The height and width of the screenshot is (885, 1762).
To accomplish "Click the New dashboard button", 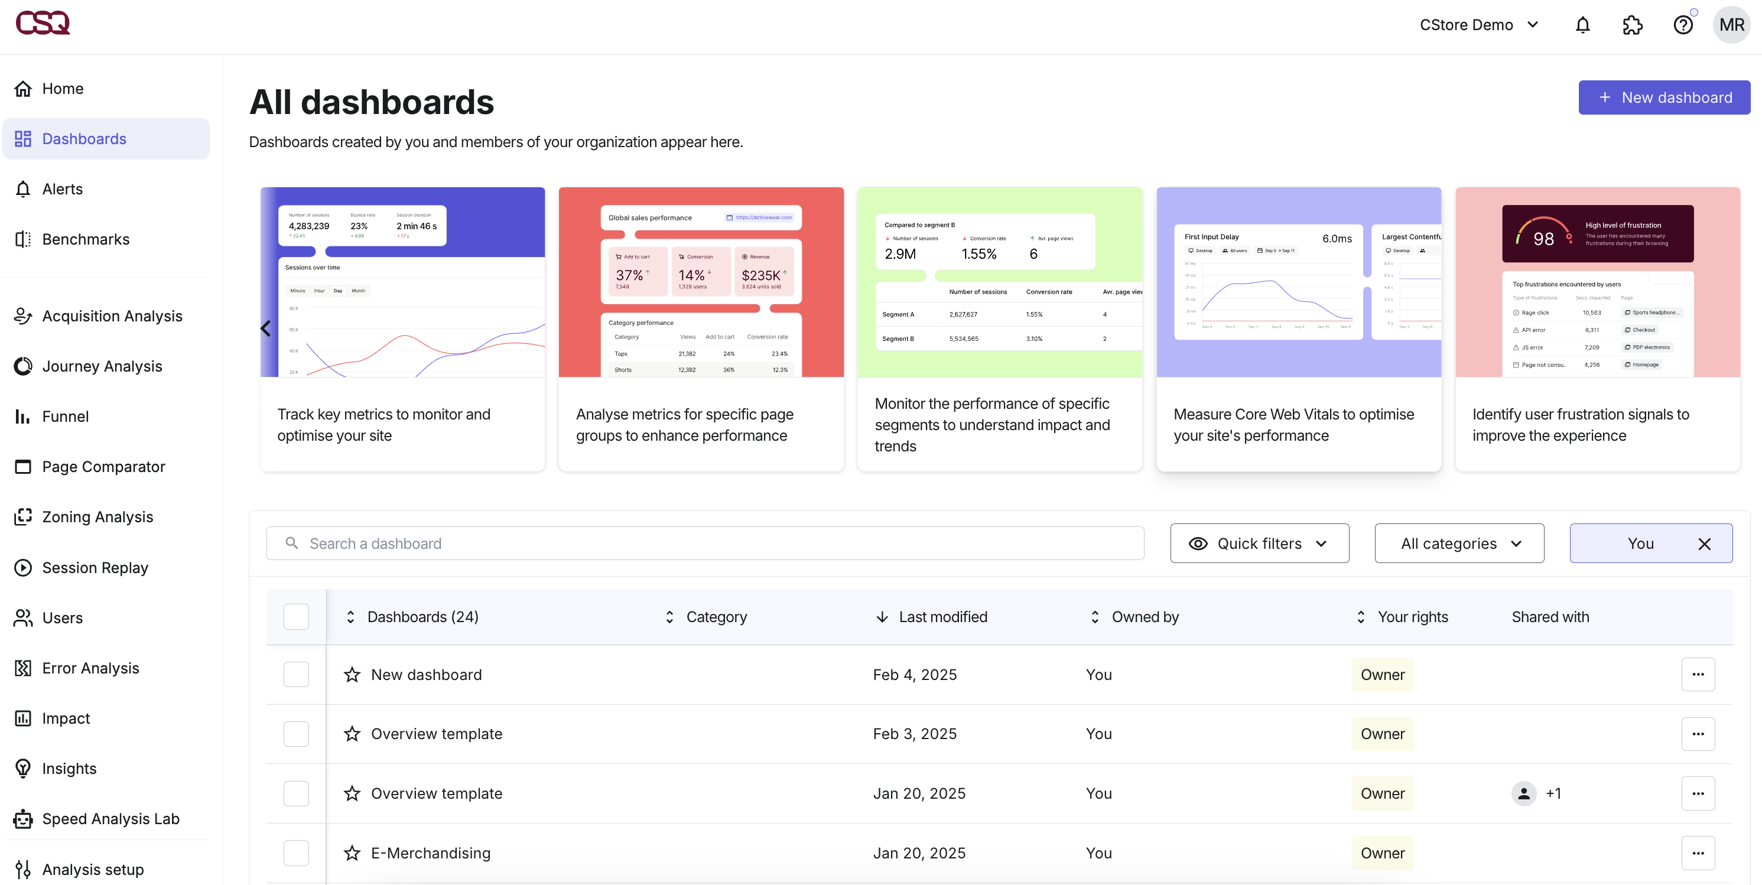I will coord(1663,98).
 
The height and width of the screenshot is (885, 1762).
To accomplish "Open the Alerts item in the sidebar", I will coord(62,189).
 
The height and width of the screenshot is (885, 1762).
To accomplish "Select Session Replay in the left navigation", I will coord(95,568).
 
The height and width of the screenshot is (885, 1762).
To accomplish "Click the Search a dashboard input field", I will coord(704,543).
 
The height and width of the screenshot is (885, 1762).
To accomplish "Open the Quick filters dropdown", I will coord(1259,543).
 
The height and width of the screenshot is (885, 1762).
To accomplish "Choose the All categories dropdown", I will coord(1458,543).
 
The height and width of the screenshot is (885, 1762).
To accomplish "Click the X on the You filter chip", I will coord(1704,544).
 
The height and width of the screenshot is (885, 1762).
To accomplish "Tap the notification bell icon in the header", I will coord(1582,25).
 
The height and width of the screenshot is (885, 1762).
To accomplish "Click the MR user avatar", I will coord(1731,25).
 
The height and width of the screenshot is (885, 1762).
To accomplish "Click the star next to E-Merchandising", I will coord(352,853).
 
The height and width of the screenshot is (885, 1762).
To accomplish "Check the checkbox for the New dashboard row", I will coord(296,674).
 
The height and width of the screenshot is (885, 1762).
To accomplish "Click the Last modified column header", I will coord(942,617).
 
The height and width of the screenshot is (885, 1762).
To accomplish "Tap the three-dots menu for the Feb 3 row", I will coord(1698,734).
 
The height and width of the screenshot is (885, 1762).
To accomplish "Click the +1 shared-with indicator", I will coord(1553,793).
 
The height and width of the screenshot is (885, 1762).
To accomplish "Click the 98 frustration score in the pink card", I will coord(1543,239).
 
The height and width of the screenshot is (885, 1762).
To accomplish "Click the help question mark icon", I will coord(1683,25).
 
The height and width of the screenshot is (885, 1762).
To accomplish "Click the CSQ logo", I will coord(43,22).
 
